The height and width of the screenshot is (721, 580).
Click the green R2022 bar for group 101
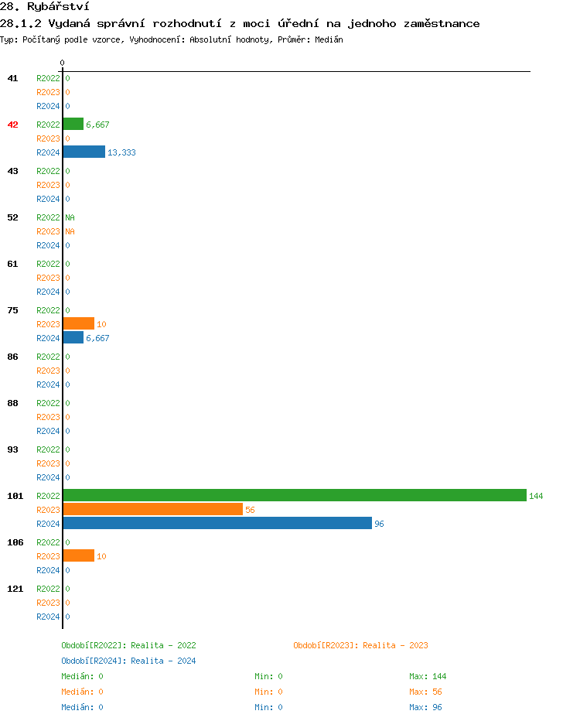pos(294,495)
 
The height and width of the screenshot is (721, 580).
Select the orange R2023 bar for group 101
pos(152,509)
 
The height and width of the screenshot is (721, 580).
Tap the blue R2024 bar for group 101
pos(217,523)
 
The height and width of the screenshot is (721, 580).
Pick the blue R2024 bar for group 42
pos(84,152)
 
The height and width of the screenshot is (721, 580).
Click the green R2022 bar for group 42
pos(73,124)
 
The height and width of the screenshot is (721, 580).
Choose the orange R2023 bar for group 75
pos(78,323)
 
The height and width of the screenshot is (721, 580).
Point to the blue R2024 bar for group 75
pos(73,337)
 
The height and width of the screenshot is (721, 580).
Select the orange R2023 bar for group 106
pos(78,555)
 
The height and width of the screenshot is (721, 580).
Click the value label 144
pos(536,496)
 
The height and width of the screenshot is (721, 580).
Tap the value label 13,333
pos(121,152)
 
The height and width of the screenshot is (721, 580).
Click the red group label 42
pos(13,125)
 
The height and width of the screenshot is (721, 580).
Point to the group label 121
pos(15,589)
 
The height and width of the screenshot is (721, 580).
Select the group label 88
pos(13,403)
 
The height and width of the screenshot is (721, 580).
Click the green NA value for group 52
pos(70,217)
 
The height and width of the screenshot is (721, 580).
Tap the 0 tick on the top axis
pos(62,63)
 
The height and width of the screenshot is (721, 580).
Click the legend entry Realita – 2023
pos(360,645)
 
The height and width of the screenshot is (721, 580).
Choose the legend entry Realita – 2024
pos(128,661)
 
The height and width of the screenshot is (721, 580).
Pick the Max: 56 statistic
pos(425,692)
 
